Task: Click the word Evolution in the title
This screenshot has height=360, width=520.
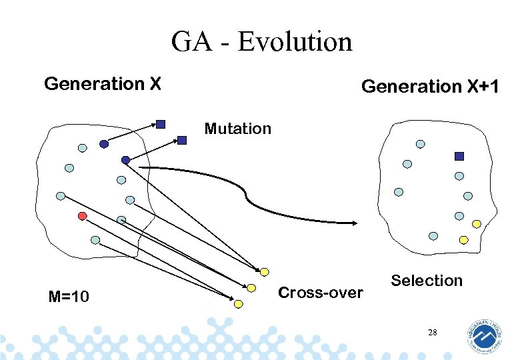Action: coord(294,41)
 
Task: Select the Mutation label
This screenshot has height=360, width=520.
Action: coord(238,128)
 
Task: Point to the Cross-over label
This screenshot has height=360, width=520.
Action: coord(321,293)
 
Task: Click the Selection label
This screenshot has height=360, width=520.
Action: coord(427,281)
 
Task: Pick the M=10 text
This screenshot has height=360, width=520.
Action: coord(69,296)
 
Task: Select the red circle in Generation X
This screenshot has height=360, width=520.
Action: coord(83,216)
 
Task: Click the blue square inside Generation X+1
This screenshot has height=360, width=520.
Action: coord(459,156)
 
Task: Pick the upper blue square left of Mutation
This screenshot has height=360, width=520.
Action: coord(161,124)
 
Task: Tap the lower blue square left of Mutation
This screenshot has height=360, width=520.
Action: coord(182,140)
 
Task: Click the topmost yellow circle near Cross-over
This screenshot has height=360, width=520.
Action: coord(265,271)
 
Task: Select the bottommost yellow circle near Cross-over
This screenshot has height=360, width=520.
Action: coord(239,303)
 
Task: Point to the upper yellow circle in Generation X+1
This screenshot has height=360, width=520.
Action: coord(476,224)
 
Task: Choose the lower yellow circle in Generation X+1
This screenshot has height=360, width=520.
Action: coord(463,239)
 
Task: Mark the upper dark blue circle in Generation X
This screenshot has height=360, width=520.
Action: coord(103,144)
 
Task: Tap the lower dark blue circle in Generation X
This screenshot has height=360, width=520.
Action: coord(125,159)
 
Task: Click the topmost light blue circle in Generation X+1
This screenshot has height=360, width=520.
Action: coord(420,143)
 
